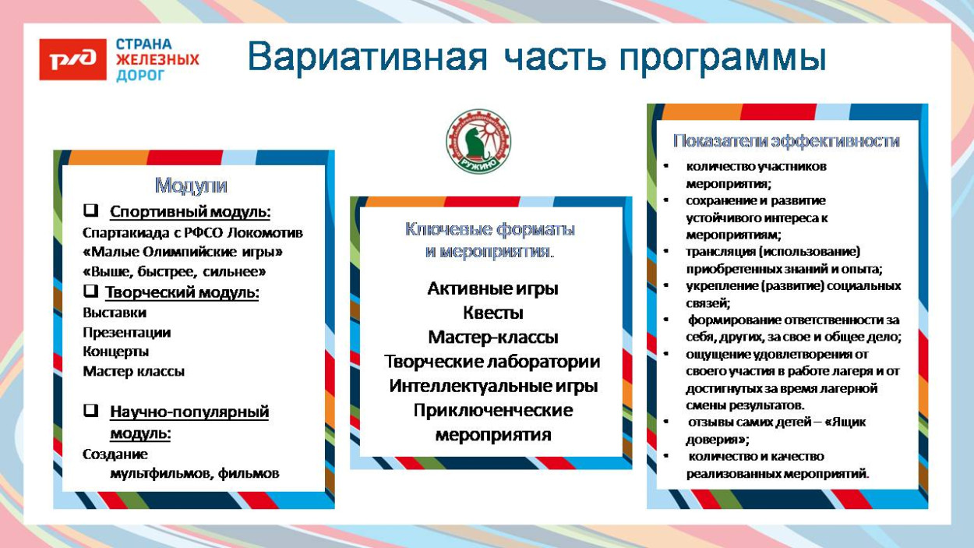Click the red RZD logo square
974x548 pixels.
click(72, 60)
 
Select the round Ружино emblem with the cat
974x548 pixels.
click(478, 141)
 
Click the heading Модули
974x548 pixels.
click(191, 186)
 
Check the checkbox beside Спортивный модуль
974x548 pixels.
click(91, 211)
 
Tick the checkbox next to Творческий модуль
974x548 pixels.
click(91, 292)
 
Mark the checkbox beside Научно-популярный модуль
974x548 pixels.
click(91, 411)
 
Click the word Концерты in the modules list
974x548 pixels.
click(115, 352)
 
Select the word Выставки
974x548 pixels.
click(115, 313)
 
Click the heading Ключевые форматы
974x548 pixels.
click(489, 230)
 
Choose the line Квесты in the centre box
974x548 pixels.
click(492, 313)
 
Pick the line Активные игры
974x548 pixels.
click(492, 288)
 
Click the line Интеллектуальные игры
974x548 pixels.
click(492, 386)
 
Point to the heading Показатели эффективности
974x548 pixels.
click(786, 141)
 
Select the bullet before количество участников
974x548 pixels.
click(666, 167)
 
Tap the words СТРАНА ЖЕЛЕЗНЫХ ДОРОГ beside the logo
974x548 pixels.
click(157, 60)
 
